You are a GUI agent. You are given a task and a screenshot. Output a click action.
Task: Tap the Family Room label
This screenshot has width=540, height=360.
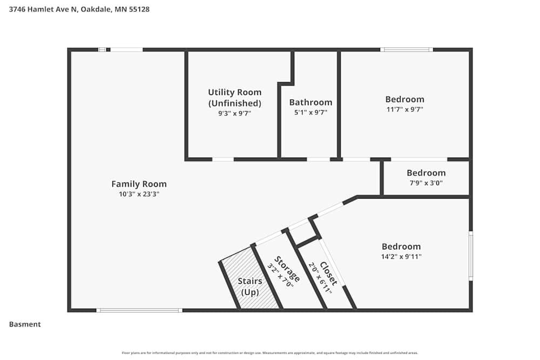[x=139, y=184]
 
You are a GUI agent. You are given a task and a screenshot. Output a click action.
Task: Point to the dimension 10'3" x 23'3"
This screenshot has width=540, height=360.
[x=139, y=194]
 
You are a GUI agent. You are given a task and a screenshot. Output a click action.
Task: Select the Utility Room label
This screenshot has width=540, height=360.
[x=234, y=92]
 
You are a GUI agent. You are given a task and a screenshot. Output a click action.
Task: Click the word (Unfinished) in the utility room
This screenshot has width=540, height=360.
[x=234, y=103]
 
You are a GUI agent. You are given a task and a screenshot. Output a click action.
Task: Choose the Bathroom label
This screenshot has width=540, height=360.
[x=310, y=103]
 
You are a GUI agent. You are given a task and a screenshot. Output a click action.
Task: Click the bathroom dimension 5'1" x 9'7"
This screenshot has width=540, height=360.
[x=310, y=113]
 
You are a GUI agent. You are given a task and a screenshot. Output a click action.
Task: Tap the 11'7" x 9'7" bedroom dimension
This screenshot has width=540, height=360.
[x=404, y=109]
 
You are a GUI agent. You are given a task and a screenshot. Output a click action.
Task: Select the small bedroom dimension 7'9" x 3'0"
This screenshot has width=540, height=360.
[x=426, y=183]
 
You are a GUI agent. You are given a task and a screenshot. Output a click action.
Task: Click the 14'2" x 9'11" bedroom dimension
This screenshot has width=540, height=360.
[x=401, y=257]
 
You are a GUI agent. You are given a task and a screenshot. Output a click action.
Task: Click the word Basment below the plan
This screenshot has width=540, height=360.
[x=25, y=324]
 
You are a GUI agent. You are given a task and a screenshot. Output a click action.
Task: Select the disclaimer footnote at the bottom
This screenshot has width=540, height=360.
[x=270, y=353]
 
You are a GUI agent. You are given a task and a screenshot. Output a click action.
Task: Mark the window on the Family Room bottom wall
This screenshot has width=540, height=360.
[x=139, y=310]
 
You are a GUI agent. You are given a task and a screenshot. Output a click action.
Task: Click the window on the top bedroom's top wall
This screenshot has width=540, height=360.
[x=406, y=50]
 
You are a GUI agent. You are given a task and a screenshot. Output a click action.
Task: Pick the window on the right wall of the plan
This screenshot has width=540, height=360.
[x=470, y=255]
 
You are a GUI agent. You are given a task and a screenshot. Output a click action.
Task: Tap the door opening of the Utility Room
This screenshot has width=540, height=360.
[x=222, y=159]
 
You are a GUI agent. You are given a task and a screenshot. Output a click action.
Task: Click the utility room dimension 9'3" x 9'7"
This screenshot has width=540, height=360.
[x=234, y=113]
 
